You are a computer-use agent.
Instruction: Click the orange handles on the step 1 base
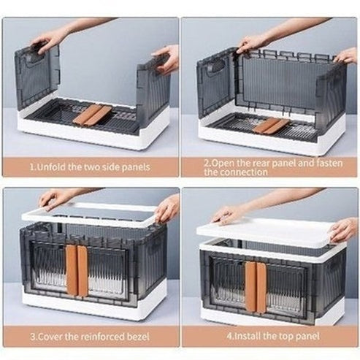[96, 115]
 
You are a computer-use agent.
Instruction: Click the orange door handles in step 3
[77, 269]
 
